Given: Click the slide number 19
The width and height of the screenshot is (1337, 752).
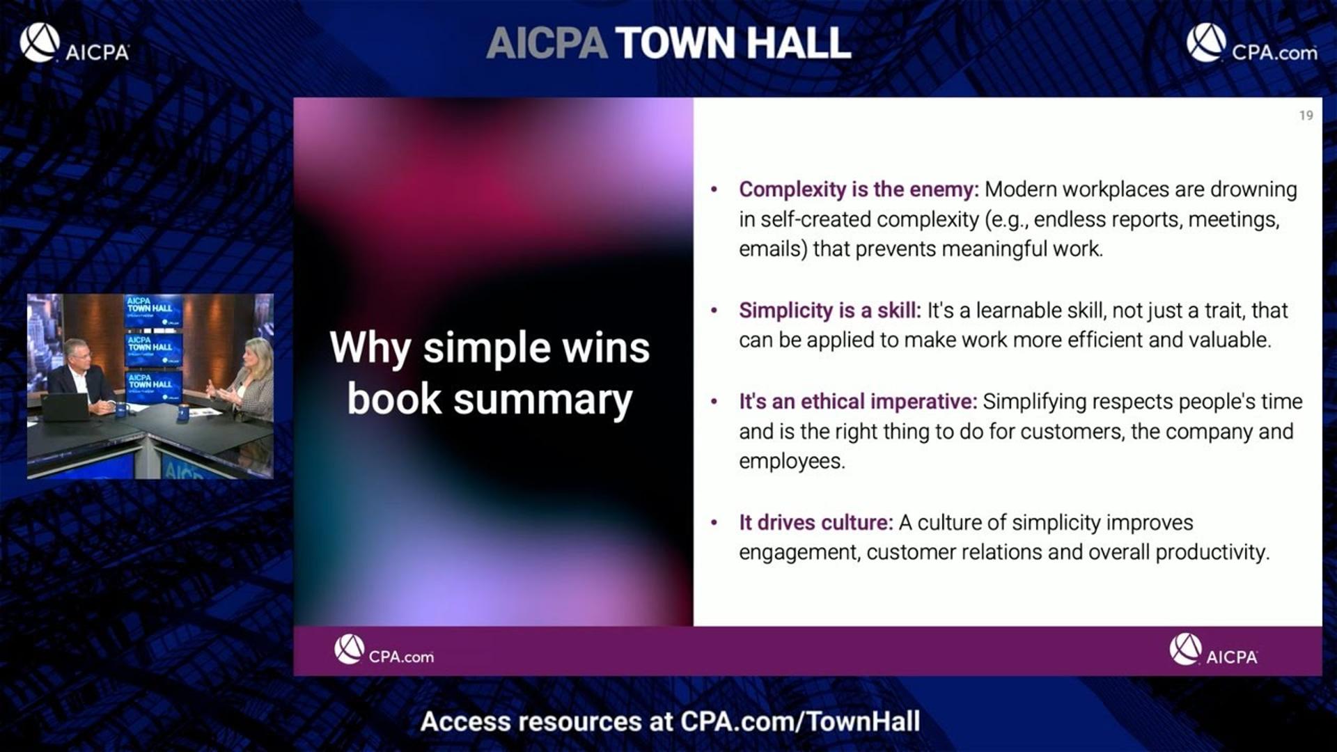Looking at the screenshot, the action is (1306, 116).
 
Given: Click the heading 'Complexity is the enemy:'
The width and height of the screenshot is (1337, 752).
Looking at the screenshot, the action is (859, 189).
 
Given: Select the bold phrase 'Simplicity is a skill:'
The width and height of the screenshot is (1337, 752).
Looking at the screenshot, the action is (829, 311).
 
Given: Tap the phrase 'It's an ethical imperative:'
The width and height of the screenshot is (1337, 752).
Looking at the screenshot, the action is (858, 402).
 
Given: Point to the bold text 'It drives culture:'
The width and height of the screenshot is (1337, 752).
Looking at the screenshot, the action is (815, 523).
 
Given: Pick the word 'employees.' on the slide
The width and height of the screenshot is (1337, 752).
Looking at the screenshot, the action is (792, 462).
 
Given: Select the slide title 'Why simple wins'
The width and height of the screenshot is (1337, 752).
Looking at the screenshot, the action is (490, 348).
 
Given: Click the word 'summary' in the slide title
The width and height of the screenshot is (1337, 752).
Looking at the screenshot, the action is (543, 400).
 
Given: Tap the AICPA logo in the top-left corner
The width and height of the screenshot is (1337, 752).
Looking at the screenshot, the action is (75, 43).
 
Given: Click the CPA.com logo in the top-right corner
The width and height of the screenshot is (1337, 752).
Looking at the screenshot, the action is (1251, 43).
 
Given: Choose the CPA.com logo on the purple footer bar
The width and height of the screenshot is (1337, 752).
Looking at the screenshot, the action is (384, 650).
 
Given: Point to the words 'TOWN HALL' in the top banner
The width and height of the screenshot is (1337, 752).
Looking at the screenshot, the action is (733, 43).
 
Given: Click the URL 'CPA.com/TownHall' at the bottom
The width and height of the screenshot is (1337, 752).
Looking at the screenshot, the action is (800, 722).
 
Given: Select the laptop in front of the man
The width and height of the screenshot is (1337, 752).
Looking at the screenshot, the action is (65, 407).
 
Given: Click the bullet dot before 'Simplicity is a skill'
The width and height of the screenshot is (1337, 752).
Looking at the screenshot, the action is (714, 311).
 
